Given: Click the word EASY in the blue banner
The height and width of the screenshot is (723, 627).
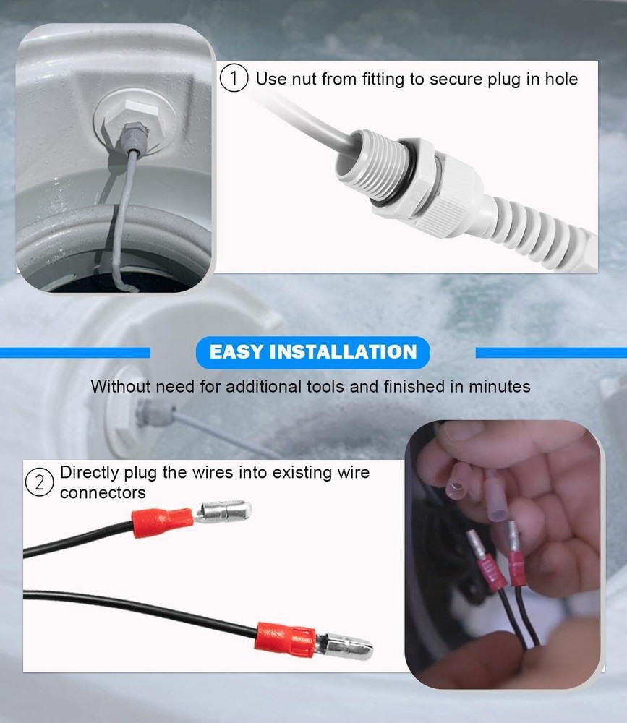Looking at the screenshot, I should pyautogui.click(x=236, y=352).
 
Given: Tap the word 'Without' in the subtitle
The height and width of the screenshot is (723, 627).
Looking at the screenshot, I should pyautogui.click(x=116, y=387).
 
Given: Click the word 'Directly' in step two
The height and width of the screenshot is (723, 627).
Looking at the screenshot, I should pyautogui.click(x=86, y=473).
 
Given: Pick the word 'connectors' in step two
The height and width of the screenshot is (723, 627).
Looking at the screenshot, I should pyautogui.click(x=103, y=493).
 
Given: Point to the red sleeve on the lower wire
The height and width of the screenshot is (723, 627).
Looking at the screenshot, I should pyautogui.click(x=285, y=636).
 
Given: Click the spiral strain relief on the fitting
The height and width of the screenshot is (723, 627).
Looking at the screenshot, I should pyautogui.click(x=535, y=224).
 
